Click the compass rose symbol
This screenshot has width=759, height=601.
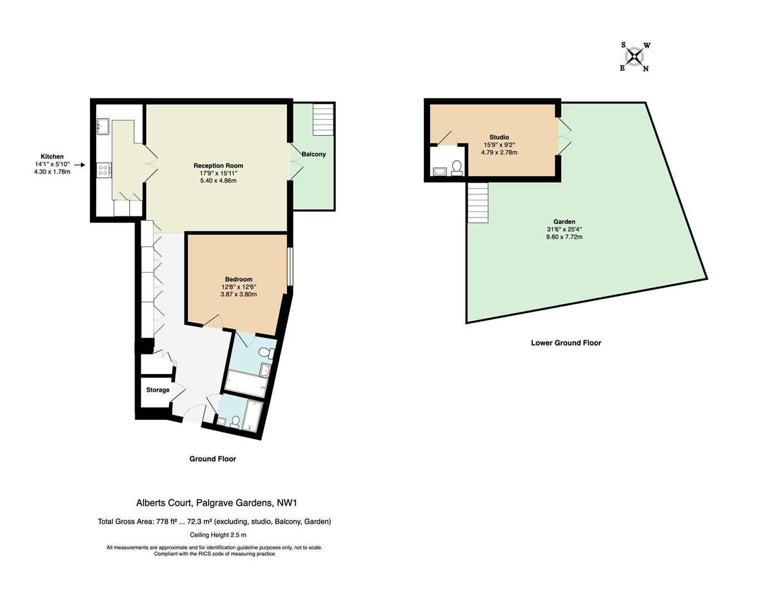(x=634, y=56)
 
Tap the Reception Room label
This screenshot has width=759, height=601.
(x=218, y=165)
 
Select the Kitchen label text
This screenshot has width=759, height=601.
(x=52, y=156)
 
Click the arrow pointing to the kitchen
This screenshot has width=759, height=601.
(x=79, y=165)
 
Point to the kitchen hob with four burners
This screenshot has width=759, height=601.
(x=103, y=169)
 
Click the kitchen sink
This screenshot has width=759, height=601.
(x=103, y=127)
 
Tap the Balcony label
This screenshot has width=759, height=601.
(x=314, y=154)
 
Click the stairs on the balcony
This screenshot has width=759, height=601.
(x=323, y=119)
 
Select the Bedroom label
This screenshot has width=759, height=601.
(x=239, y=279)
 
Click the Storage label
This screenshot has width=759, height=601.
(x=158, y=390)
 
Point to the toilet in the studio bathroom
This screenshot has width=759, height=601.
(x=457, y=167)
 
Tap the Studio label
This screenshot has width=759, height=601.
(x=499, y=137)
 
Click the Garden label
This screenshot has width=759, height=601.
(x=564, y=221)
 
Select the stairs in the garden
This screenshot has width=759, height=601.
(x=478, y=203)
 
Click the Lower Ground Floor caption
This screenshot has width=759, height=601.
(x=565, y=343)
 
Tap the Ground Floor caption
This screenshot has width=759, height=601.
(x=212, y=459)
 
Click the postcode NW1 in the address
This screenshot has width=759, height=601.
(x=287, y=503)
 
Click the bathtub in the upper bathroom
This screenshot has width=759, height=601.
(x=245, y=384)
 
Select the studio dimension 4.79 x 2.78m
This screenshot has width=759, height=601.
(x=499, y=152)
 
